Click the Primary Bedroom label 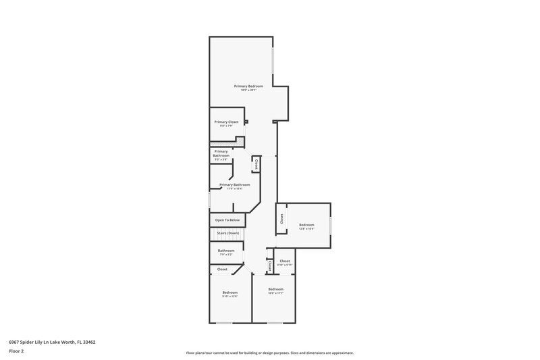tap(248, 86)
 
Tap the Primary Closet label tap(226, 122)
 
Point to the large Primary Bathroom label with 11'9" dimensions tap(234, 185)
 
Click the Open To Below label tap(227, 220)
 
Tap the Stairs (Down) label tap(227, 233)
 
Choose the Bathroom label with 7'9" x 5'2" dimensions tap(225, 251)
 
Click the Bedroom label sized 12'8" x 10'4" tap(306, 225)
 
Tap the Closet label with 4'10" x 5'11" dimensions tap(284, 261)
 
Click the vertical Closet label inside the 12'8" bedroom tap(281, 220)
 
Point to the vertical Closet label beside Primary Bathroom tap(256, 164)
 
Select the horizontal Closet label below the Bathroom tap(222, 269)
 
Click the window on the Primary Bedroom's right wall tap(273, 61)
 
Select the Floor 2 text tap(17, 351)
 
